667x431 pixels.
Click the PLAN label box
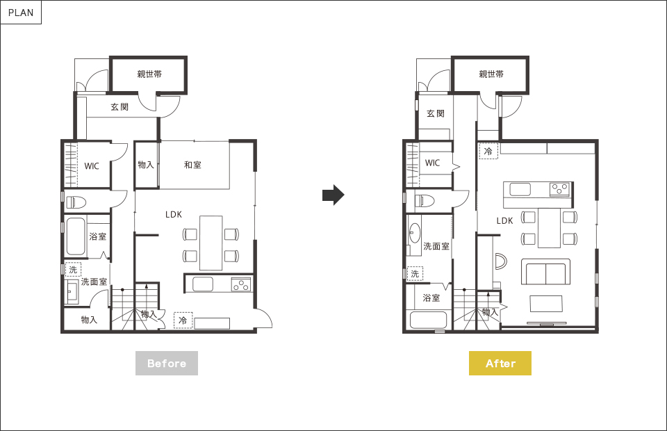pos(21,13)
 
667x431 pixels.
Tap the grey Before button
pos(167,364)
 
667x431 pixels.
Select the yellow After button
pos(500,364)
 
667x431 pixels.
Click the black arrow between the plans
pos(333,195)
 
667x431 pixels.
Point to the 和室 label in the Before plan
pos(192,165)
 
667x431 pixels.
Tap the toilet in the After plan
pos(424,200)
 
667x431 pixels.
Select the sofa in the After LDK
pos(546,271)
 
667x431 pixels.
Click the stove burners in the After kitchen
pos(560,188)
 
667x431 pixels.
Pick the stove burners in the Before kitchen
pos(241,284)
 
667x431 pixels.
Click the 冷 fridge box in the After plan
pos(488,151)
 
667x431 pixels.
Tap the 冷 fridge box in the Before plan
pos(183,320)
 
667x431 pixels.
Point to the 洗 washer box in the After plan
pos(415,274)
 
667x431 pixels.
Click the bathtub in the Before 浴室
pos(76,237)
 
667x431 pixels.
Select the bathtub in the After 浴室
pos(429,320)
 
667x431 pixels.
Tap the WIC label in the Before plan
pos(92,166)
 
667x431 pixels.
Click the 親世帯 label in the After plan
pos(491,74)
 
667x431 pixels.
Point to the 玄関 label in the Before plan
pos(120,107)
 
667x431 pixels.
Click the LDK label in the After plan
pos(505,220)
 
